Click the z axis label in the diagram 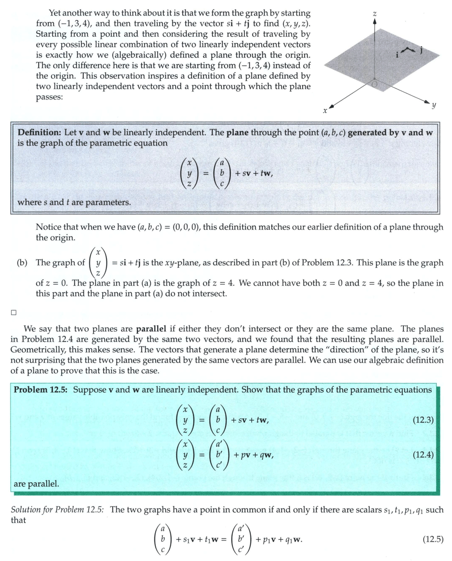pyautogui.click(x=374, y=15)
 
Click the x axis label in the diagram pyautogui.click(x=324, y=111)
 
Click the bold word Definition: pyautogui.click(x=40, y=132)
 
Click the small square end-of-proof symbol pyautogui.click(x=14, y=312)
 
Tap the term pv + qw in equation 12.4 pyautogui.click(x=253, y=455)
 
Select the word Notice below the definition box pyautogui.click(x=48, y=227)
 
